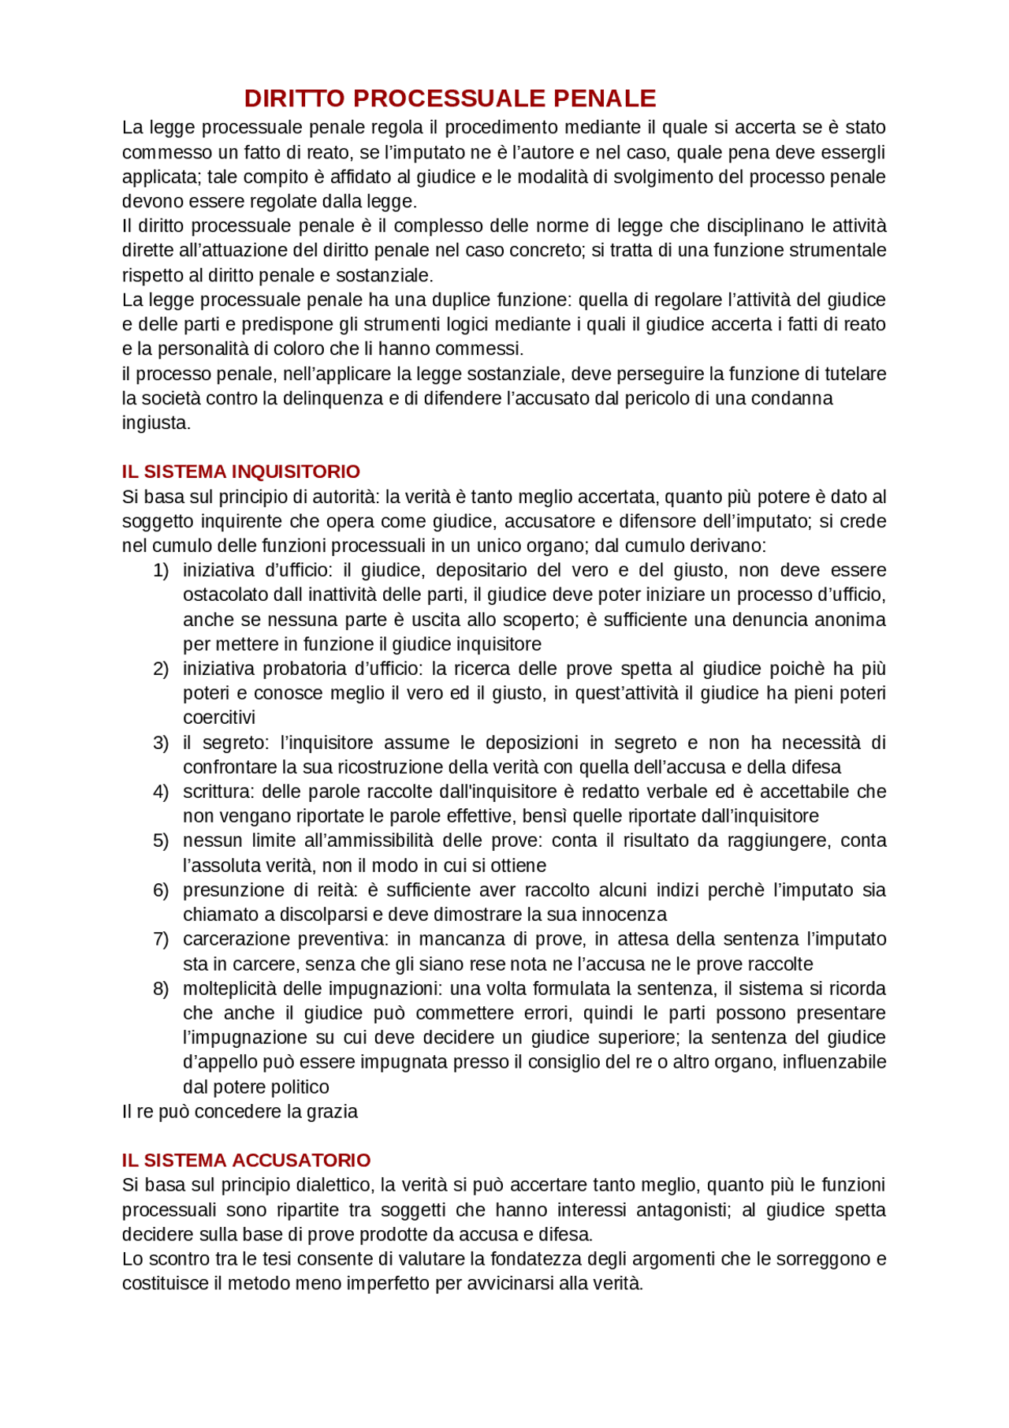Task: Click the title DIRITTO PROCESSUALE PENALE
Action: point(449,99)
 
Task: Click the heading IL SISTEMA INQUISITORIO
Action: point(240,472)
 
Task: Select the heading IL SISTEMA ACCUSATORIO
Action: point(246,1160)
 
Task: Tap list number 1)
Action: point(161,570)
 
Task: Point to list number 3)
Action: point(161,743)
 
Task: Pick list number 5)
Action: point(161,841)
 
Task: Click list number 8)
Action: point(161,989)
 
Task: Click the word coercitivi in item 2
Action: point(219,718)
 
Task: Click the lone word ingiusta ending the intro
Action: point(155,423)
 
